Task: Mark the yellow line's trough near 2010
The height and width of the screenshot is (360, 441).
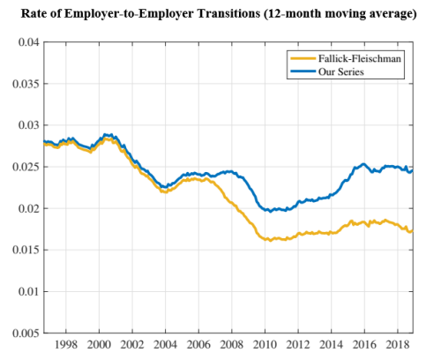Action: (x=268, y=239)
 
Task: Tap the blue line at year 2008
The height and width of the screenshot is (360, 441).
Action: (x=232, y=172)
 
